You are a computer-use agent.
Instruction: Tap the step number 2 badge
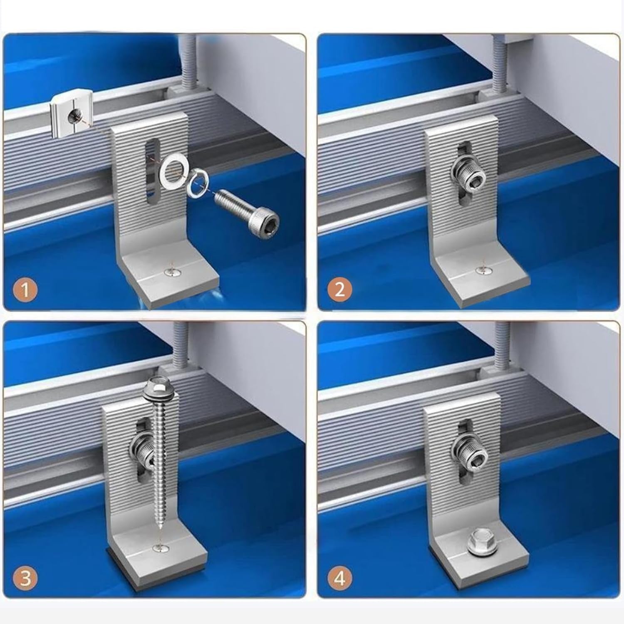point(340,289)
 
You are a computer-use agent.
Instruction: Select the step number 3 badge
point(25,579)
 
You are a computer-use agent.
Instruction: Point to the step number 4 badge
point(340,578)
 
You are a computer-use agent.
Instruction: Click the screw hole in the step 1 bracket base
point(170,272)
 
